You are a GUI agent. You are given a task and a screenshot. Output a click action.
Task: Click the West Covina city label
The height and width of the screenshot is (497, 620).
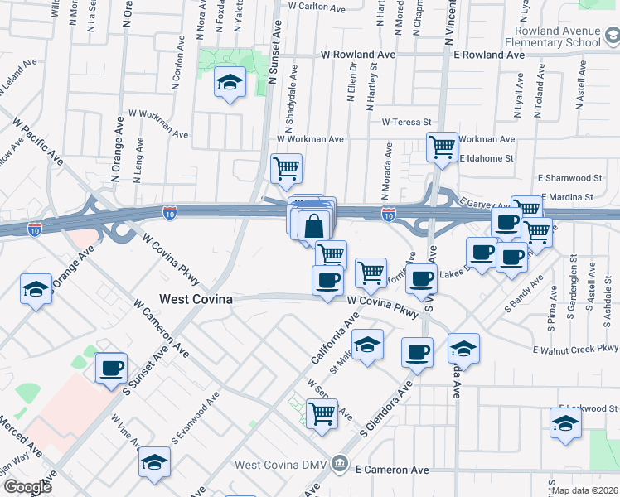pyautogui.click(x=196, y=298)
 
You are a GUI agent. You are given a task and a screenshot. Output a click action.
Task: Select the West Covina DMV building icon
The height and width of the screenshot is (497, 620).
pyautogui.click(x=339, y=463)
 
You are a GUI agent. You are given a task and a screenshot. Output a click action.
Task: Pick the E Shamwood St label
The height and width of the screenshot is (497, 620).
pyautogui.click(x=569, y=178)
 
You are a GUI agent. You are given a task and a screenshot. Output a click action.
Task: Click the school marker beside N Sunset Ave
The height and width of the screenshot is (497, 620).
pyautogui.click(x=230, y=83)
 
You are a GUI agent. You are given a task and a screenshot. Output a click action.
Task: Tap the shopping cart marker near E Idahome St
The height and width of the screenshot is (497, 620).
pyautogui.click(x=443, y=147)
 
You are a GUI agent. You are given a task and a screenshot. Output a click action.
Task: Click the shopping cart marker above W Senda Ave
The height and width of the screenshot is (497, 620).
pyautogui.click(x=322, y=413)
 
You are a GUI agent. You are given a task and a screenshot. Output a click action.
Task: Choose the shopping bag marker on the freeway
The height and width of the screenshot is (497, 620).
pyautogui.click(x=314, y=225)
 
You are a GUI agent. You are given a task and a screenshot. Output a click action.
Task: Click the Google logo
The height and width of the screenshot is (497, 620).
pyautogui.click(x=27, y=487)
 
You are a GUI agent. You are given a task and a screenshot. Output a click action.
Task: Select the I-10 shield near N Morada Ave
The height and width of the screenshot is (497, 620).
pyautogui.click(x=388, y=214)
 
